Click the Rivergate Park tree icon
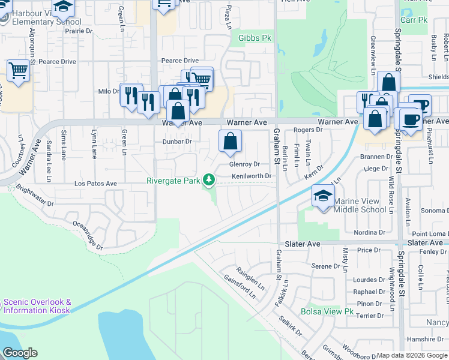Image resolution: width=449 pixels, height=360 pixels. (x=209, y=179)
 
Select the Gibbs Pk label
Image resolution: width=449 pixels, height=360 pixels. (x=252, y=38)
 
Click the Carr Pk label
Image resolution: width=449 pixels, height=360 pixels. (x=414, y=20)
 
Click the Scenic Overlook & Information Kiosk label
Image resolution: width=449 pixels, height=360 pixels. (x=37, y=306)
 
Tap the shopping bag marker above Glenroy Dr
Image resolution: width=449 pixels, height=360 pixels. (x=230, y=142)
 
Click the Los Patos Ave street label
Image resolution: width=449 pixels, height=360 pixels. (x=95, y=183)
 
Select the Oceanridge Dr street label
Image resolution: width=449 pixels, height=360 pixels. (x=88, y=234)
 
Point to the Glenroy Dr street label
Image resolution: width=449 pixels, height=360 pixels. (x=244, y=164)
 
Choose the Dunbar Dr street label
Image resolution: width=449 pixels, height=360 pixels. (x=177, y=142)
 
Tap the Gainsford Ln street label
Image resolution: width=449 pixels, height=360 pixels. (x=241, y=285)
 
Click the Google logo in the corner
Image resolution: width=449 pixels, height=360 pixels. (x=20, y=353)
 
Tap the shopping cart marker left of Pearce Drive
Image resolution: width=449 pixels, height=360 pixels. (x=18, y=71)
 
